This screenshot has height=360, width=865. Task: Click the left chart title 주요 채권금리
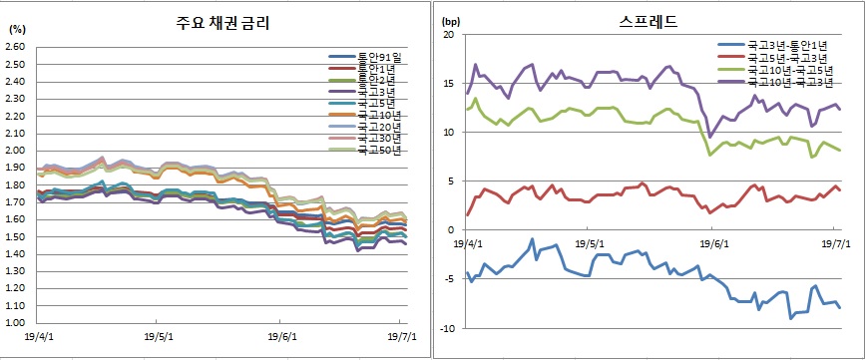coord(217,22)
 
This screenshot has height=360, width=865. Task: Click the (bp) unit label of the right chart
coord(449,19)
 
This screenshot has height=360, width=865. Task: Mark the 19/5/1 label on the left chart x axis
coord(160,336)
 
